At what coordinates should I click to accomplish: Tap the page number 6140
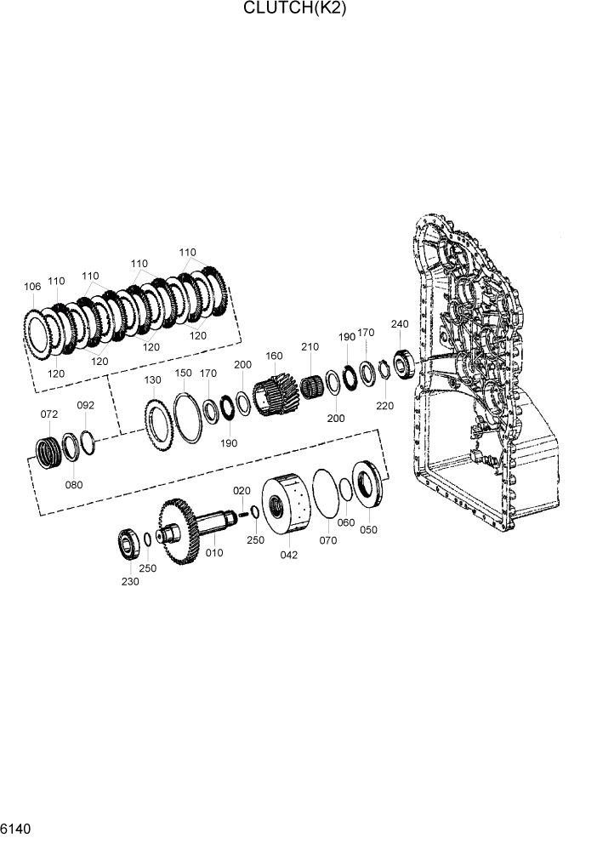coord(16,828)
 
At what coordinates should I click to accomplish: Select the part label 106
coord(32,288)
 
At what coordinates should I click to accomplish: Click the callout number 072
coord(49,413)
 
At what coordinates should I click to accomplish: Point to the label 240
coord(400,324)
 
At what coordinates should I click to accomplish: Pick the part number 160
coord(274,356)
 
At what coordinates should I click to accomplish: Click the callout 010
coord(214,553)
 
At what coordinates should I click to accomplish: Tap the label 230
coord(129,581)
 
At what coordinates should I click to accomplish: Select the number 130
coord(153,379)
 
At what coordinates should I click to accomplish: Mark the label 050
coord(368,529)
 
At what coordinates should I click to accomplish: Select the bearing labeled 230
coord(129,543)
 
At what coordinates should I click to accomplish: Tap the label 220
coord(385,406)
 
